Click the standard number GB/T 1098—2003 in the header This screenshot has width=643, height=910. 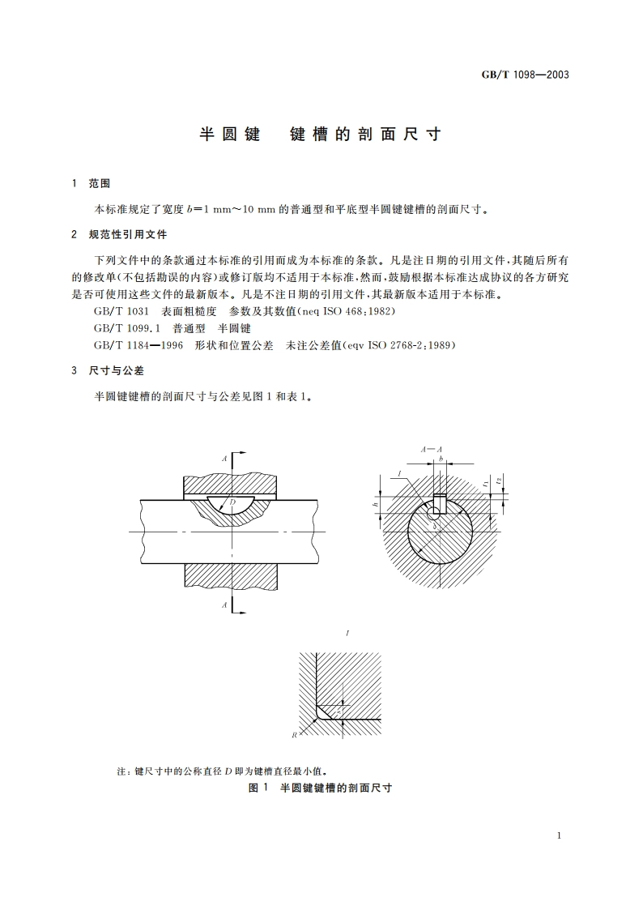pos(526,75)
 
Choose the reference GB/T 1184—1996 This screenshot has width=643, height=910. pos(138,345)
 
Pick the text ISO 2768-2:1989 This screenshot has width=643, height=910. pos(411,345)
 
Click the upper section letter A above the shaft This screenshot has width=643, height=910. pos(224,459)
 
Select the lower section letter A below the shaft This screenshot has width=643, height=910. pos(224,605)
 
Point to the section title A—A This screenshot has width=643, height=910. pos(431,448)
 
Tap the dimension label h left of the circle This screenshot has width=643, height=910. pos(376,504)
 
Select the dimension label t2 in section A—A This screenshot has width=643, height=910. pos(499,481)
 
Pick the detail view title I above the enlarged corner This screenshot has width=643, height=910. pos(347,630)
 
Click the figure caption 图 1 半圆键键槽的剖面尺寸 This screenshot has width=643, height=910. pos(321,788)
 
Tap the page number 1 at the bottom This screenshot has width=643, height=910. pos(560,835)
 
